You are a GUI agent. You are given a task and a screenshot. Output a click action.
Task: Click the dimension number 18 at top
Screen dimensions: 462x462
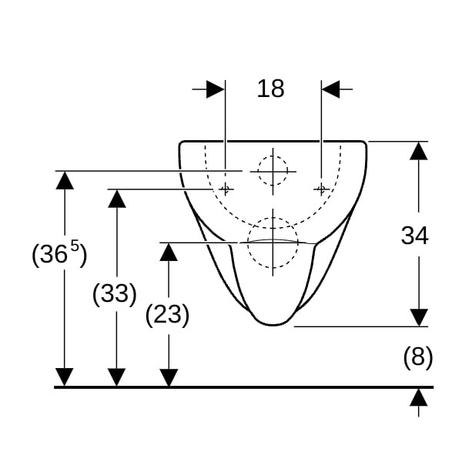coord(271,89)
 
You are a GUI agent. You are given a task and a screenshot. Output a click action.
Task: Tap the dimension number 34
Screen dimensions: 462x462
coord(414,236)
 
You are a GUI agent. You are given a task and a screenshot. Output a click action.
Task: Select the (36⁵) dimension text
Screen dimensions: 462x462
coord(59,253)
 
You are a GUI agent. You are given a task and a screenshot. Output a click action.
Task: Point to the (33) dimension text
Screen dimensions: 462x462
coord(114,294)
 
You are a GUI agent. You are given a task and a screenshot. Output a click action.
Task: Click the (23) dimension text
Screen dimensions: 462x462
coord(167,315)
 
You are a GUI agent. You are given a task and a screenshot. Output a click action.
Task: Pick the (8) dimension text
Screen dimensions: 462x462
coord(418,357)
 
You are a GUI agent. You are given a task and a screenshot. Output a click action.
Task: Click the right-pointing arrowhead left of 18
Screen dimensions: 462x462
coord(216,89)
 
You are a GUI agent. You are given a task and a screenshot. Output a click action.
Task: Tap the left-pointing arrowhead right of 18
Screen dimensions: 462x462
coord(330,89)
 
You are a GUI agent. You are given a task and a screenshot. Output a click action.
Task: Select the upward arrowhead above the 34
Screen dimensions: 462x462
coord(419,151)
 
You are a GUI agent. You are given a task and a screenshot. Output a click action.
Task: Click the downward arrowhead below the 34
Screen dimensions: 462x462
coord(419,317)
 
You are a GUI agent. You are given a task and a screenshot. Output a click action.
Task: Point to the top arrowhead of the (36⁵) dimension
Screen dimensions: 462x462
coord(65,180)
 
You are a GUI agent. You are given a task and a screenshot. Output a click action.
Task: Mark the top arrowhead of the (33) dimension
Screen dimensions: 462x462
coord(117,199)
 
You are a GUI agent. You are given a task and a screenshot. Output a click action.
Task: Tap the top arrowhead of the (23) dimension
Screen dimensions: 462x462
coord(169,252)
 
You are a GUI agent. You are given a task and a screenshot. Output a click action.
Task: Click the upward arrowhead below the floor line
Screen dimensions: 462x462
coord(419,397)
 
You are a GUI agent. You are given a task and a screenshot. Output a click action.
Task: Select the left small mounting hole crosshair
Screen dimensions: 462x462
coord(226,189)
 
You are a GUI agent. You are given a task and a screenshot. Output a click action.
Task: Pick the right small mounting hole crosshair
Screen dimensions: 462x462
coord(321,189)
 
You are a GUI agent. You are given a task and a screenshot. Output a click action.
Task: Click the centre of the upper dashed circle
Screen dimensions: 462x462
coord(273,171)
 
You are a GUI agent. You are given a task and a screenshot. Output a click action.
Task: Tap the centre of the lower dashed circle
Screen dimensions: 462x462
coord(273,243)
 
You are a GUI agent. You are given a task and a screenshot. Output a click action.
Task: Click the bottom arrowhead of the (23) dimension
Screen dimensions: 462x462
coord(169,377)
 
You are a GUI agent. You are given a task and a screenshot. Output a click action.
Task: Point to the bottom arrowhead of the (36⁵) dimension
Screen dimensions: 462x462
coord(65,377)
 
